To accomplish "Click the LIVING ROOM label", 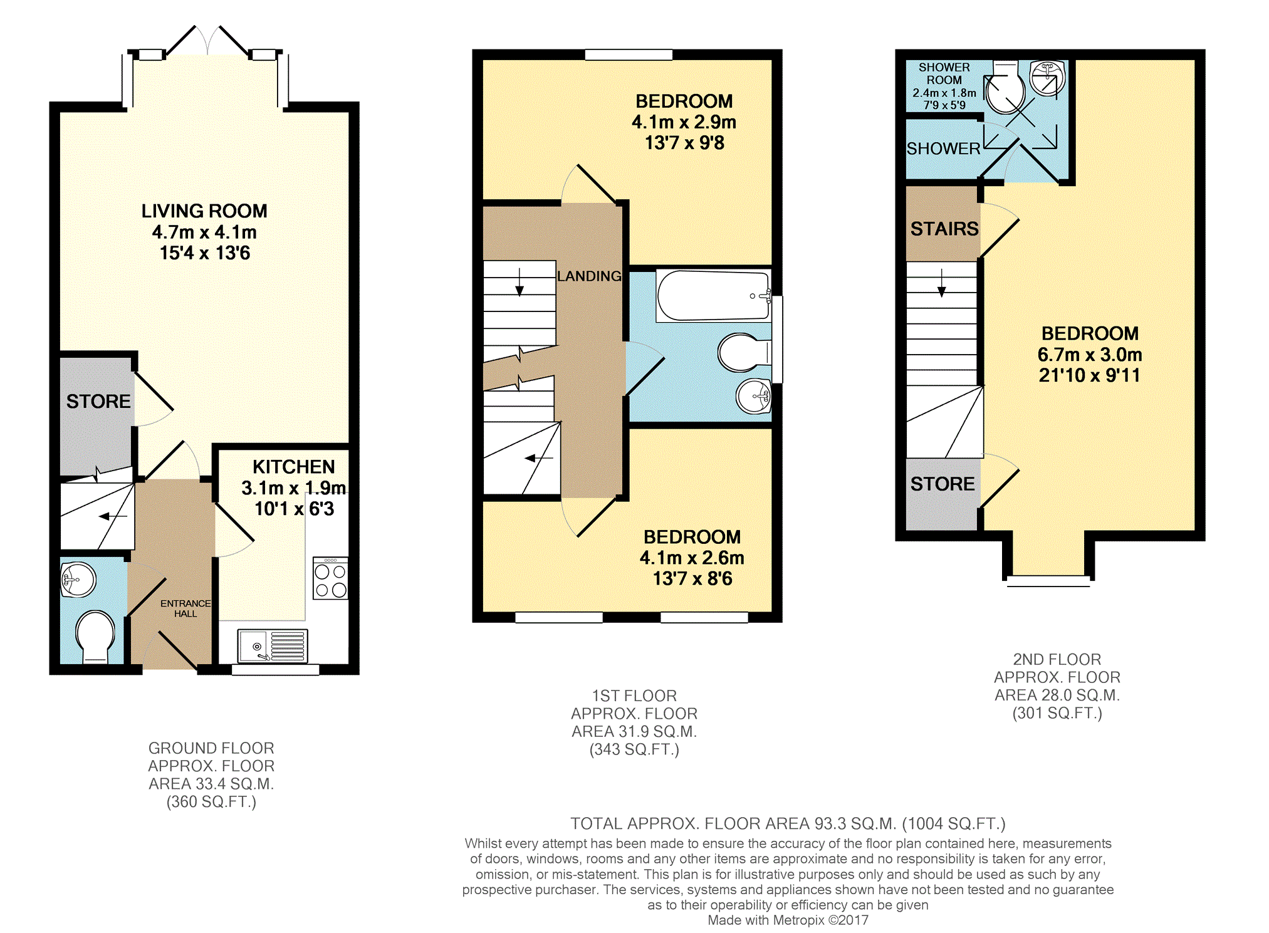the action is [x=204, y=211].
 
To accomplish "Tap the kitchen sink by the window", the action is [x=273, y=645].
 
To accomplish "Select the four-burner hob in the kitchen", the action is [x=330, y=578].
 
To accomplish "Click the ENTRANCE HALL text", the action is [x=185, y=608].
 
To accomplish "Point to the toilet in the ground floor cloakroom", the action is [x=95, y=637].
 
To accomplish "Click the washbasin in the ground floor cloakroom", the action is [x=78, y=579].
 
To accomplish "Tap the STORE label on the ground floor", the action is [x=98, y=401].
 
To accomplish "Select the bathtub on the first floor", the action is [x=714, y=296].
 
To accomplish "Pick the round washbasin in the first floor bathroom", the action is [x=754, y=396].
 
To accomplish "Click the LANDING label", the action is [x=589, y=276].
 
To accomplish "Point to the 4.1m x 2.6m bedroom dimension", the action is [x=692, y=558].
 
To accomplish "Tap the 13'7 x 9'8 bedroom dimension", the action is [x=684, y=143].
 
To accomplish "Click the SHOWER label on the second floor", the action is [x=943, y=149].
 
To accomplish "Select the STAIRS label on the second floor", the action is [x=944, y=229].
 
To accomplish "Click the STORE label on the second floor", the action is [x=943, y=484].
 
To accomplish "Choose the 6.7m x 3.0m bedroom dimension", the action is [x=1090, y=355].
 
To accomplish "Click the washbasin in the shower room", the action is [x=1048, y=78].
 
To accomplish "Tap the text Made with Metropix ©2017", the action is [x=788, y=920].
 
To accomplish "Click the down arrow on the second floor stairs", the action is [x=941, y=283].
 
